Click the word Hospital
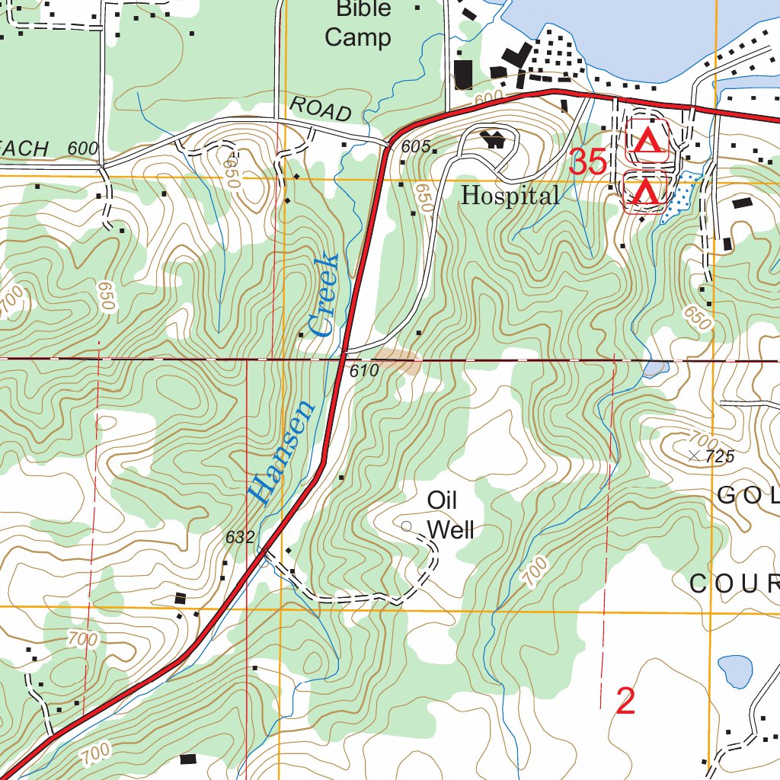click(x=510, y=197)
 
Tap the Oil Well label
click(x=450, y=515)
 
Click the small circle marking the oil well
click(x=406, y=526)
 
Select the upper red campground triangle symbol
click(x=647, y=140)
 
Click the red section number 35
click(x=588, y=162)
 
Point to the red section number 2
click(x=625, y=702)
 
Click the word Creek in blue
click(x=324, y=297)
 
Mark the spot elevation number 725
click(x=720, y=457)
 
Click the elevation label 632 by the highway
click(x=239, y=537)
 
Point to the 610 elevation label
click(x=365, y=372)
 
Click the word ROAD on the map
click(x=321, y=110)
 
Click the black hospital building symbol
click(x=494, y=139)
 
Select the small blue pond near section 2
click(x=735, y=670)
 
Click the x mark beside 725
click(x=694, y=456)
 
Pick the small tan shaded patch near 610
click(x=398, y=361)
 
